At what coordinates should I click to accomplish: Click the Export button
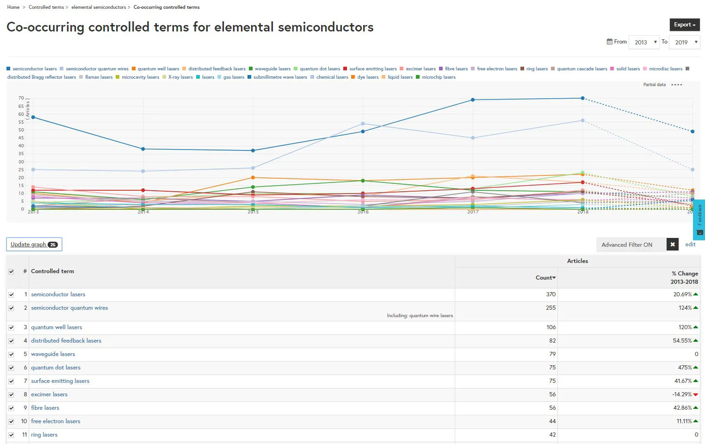point(684,25)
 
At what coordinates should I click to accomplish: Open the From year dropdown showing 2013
point(644,42)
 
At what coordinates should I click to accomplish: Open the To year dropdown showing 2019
point(684,42)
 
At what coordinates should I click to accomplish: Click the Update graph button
point(34,244)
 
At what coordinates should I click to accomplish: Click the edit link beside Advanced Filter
point(690,244)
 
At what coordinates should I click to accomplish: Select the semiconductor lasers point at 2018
point(582,98)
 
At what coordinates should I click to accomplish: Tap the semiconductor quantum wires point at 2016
point(363,124)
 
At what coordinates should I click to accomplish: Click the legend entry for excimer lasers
point(421,69)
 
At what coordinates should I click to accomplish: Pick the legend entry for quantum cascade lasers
point(581,69)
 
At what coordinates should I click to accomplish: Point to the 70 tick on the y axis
point(21,98)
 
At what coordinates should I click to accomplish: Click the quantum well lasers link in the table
point(56,327)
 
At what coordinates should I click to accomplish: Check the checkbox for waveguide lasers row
point(11,354)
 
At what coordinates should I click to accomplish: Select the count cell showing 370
point(550,294)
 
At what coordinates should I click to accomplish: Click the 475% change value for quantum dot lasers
point(685,368)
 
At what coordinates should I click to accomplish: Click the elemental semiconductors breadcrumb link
point(99,7)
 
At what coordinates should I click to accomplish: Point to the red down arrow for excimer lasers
point(696,394)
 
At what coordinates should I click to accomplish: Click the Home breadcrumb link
point(13,7)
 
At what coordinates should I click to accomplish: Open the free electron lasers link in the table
point(56,421)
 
